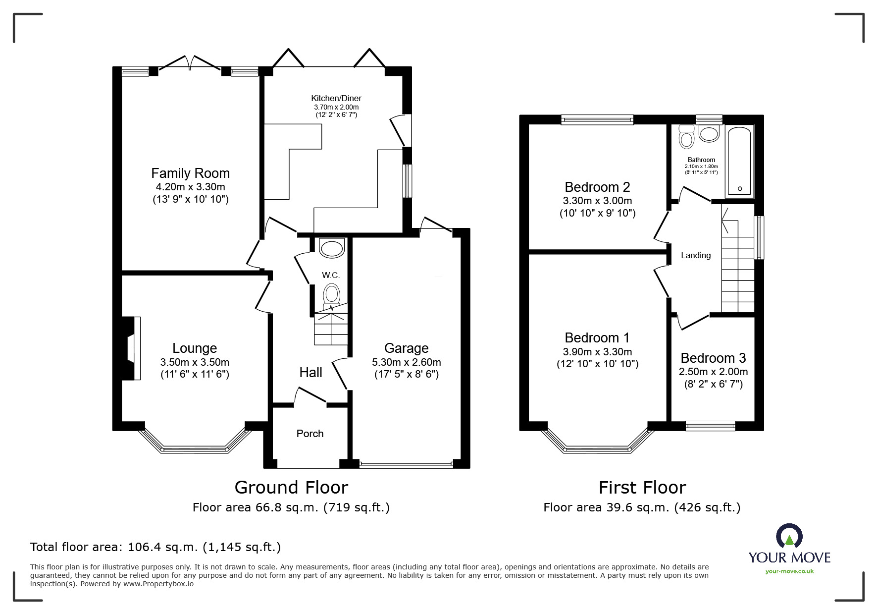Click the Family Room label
pos(190,173)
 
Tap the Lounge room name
pos(195,348)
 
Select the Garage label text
pos(407,348)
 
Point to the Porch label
pos(310,434)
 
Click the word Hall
pos(310,373)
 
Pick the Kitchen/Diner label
pos(336,98)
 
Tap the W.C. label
pos(331,275)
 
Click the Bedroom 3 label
pos(713,358)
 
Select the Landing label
pos(696,256)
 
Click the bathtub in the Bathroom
pos(739,161)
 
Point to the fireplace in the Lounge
pos(132,348)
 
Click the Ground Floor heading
pos(291,488)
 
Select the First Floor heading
pos(642,488)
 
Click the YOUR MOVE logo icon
pos(789,536)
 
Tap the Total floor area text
pos(155,547)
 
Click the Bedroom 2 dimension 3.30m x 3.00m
pos(597,201)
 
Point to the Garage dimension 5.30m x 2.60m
pos(407,362)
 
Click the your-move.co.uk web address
pos(789,571)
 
